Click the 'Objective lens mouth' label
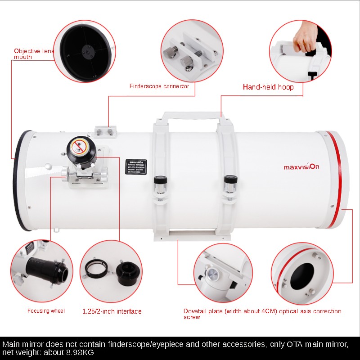pyautogui.click(x=34, y=54)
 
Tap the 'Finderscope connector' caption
pyautogui.click(x=159, y=86)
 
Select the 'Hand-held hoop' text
pyautogui.click(x=268, y=87)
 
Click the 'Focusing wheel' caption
pyautogui.click(x=46, y=311)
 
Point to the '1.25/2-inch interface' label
pyautogui.click(x=112, y=311)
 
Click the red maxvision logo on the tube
pyautogui.click(x=301, y=167)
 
